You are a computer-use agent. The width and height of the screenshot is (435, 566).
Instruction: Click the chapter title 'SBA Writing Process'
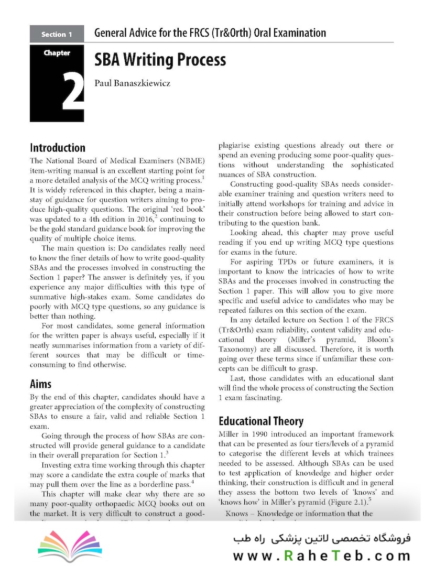(x=160, y=60)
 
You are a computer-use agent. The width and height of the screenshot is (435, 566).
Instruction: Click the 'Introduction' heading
(x=58, y=147)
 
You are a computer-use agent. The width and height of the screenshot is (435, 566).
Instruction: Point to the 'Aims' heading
(x=40, y=384)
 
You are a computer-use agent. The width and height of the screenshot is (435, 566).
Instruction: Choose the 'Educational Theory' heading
(x=260, y=421)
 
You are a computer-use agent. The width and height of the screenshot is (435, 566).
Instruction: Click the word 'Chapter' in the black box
(x=57, y=52)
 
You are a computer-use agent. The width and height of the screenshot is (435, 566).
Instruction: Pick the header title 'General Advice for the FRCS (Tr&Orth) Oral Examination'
(x=210, y=34)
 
